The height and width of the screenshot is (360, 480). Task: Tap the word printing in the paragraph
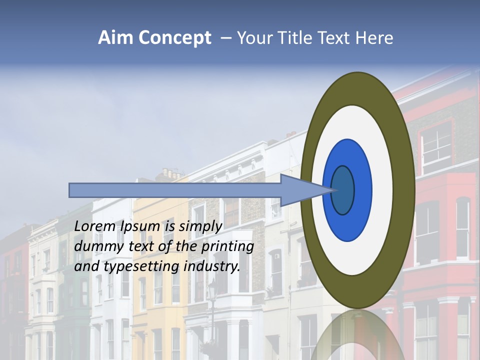(x=227, y=246)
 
